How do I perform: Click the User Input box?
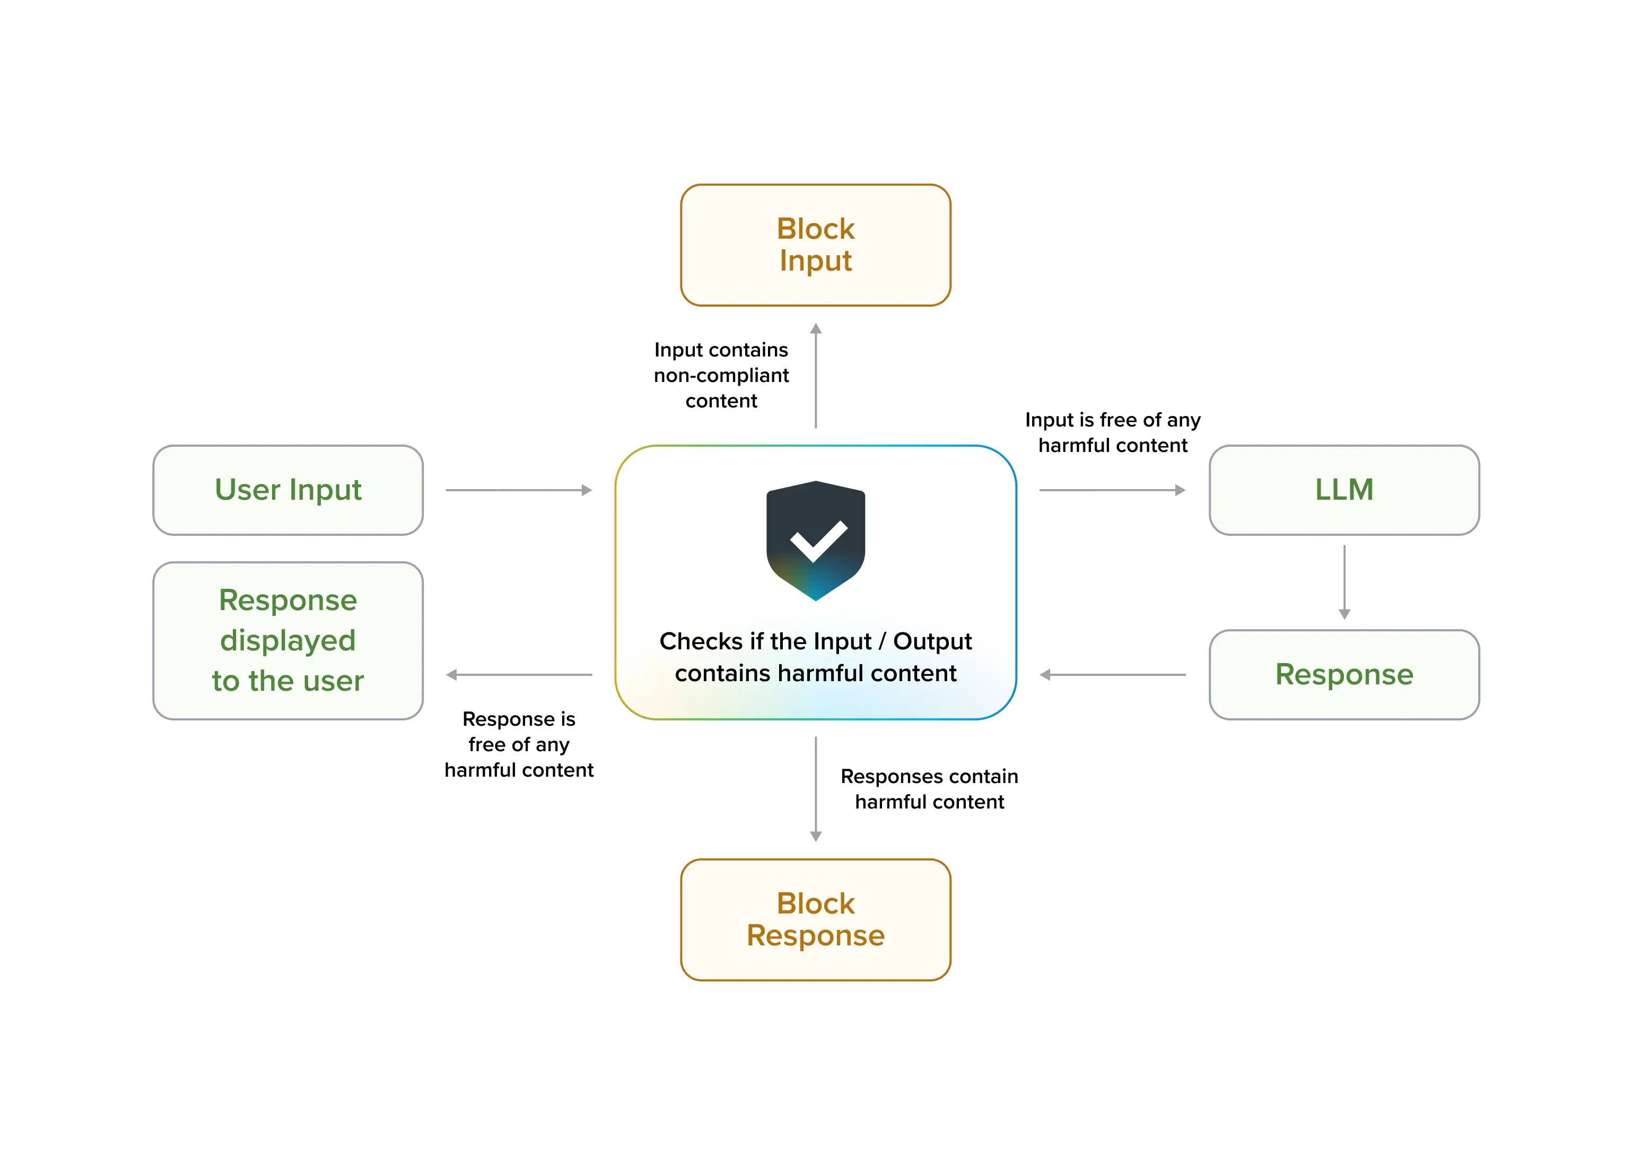[287, 490]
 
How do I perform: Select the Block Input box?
[815, 245]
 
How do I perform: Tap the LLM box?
[1343, 490]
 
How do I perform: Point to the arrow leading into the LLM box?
[1112, 490]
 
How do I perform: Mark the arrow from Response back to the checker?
[1112, 674]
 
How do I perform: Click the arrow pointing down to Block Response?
[815, 788]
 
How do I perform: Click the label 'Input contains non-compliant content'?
[721, 375]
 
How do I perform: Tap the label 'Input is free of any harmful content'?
[1112, 432]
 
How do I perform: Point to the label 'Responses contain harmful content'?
[929, 788]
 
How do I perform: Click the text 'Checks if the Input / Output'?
[815, 641]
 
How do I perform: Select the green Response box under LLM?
[1343, 674]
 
